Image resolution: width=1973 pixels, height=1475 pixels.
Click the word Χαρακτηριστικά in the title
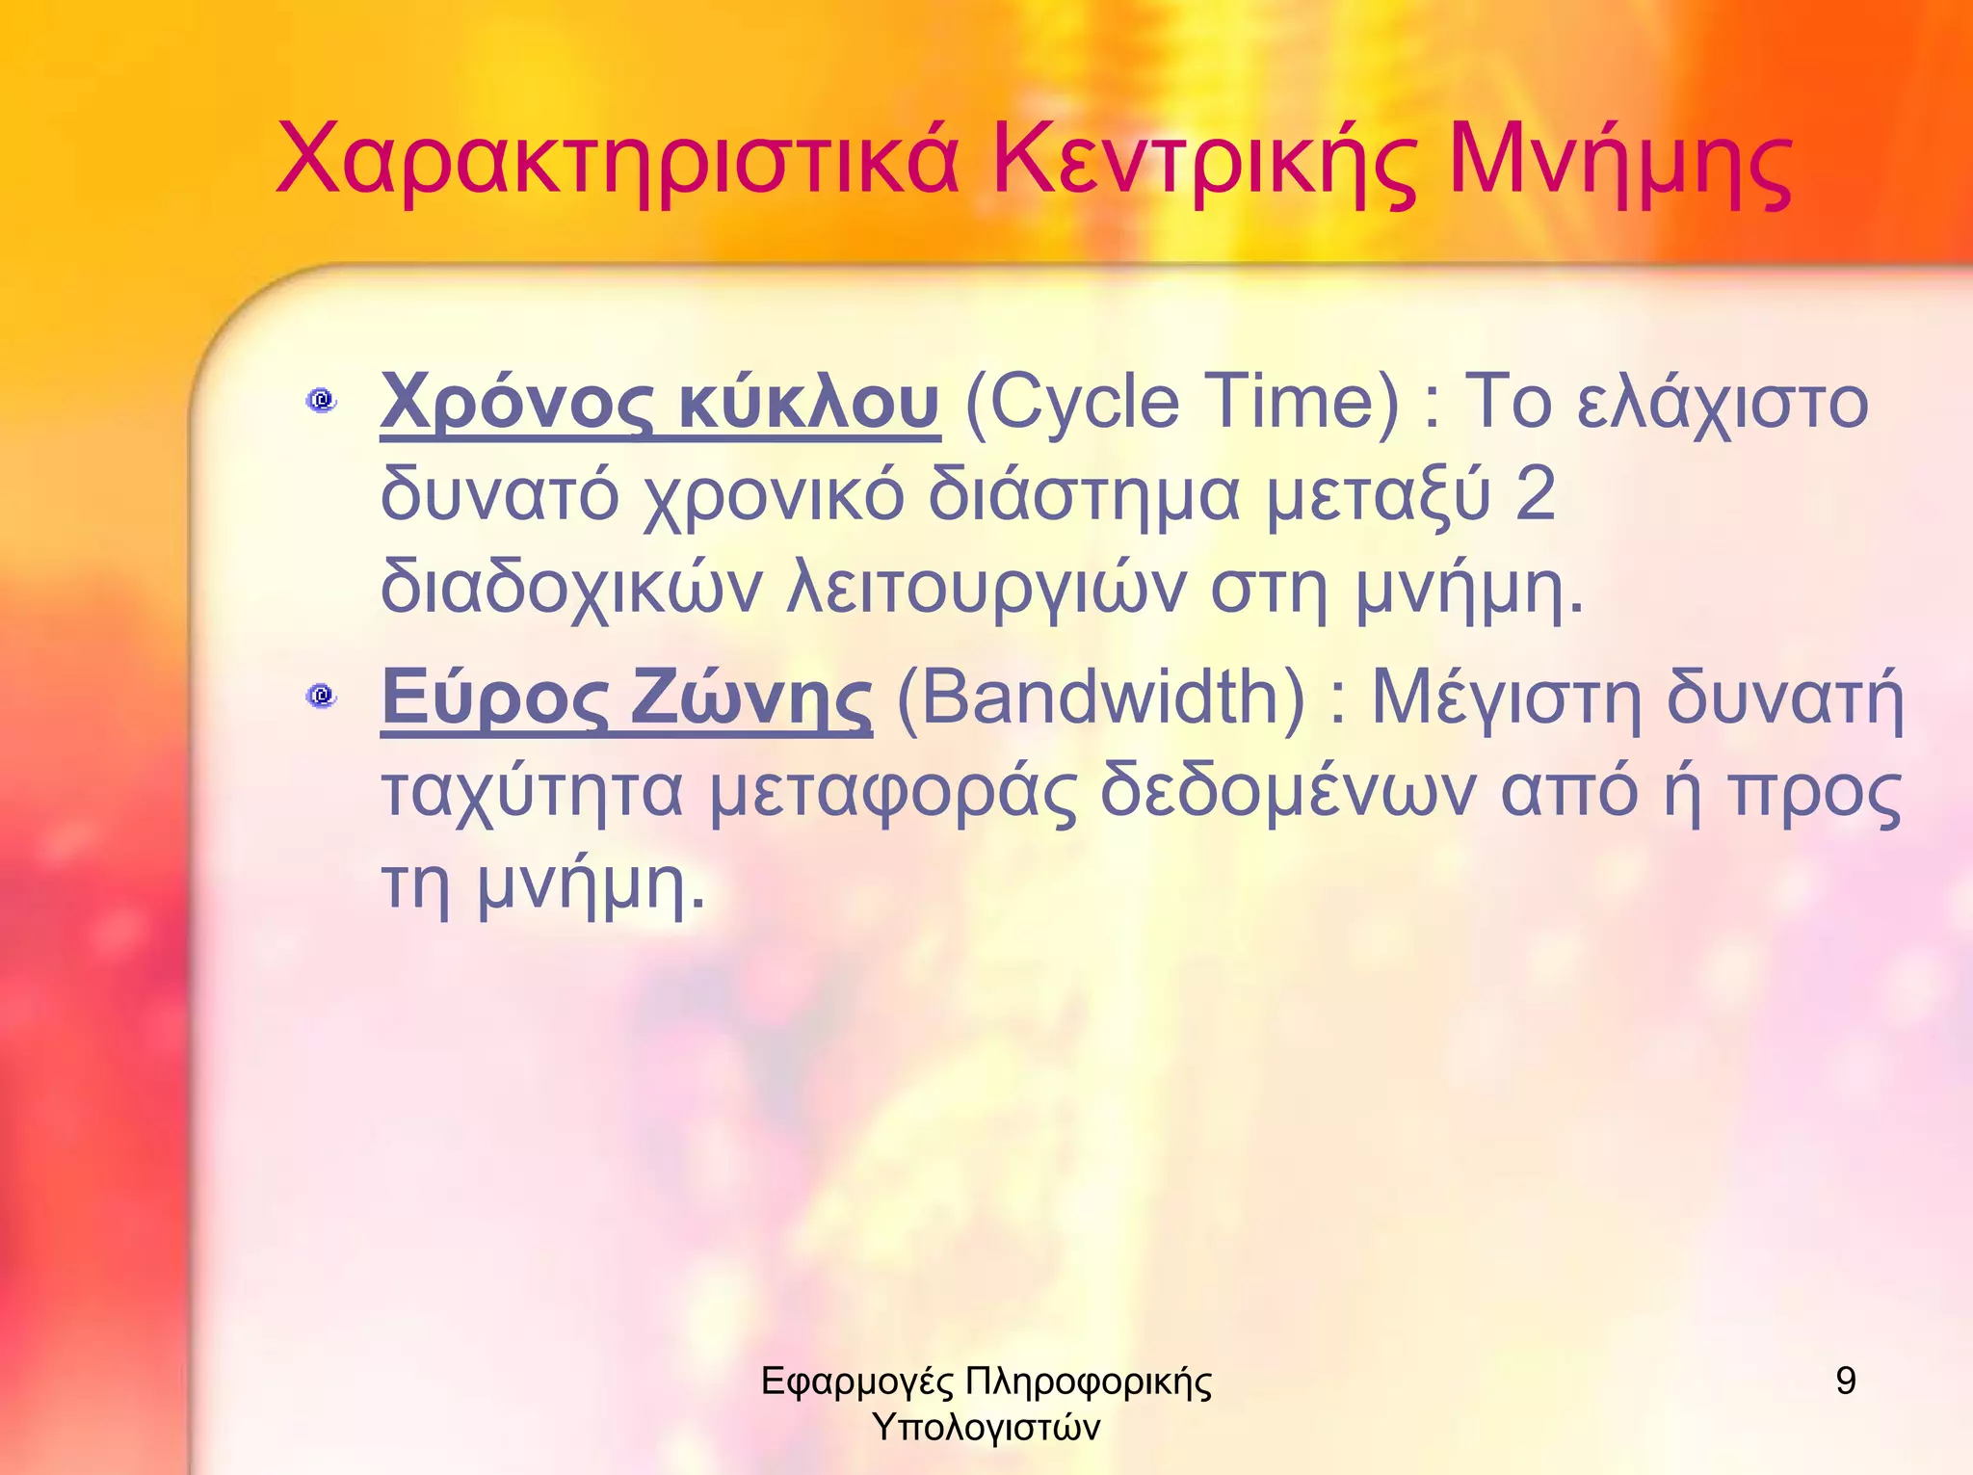618,159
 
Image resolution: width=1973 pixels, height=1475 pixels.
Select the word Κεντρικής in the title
1205,159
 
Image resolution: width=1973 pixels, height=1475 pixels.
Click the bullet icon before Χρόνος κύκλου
321,399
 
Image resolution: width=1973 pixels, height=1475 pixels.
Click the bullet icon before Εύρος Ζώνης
321,695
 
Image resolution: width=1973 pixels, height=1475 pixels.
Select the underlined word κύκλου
808,403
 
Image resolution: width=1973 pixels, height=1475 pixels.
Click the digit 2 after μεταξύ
1535,494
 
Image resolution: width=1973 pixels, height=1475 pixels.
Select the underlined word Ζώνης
751,698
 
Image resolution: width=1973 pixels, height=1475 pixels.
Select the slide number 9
1846,1381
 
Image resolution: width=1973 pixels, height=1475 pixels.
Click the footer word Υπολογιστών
986,1427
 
